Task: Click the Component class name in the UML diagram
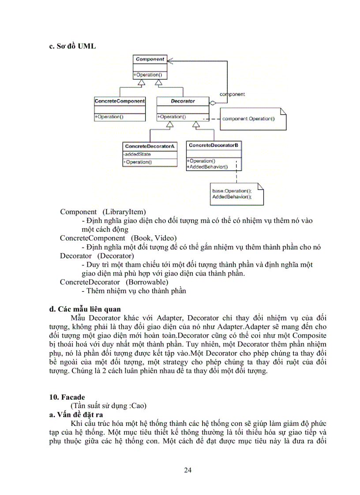(x=150, y=59)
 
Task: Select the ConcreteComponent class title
(x=120, y=101)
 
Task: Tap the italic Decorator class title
(x=182, y=101)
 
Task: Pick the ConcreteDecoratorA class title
(x=150, y=146)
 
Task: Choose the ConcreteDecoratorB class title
(x=214, y=145)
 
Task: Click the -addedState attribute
(x=137, y=154)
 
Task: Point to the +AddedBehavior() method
(x=207, y=167)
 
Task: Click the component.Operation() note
(x=248, y=119)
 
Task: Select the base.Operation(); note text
(x=232, y=190)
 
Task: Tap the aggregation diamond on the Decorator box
(x=212, y=103)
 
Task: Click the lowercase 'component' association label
(x=232, y=94)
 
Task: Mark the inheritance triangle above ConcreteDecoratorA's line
(x=170, y=125)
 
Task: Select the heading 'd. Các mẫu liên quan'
(x=85, y=309)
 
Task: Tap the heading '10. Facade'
(x=67, y=397)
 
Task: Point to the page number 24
(x=187, y=470)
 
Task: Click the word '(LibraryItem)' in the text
(x=124, y=212)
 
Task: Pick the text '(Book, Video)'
(x=153, y=238)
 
